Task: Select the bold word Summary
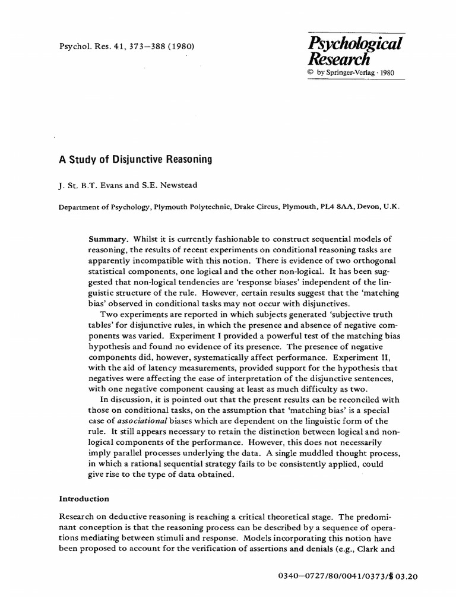(x=107, y=239)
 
